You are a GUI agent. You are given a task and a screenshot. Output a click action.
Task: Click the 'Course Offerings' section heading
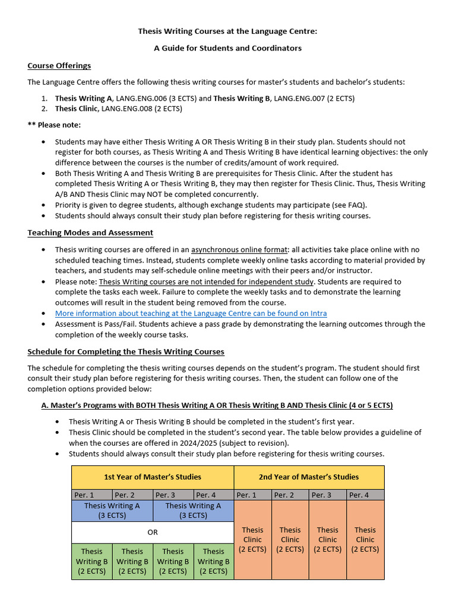coord(59,65)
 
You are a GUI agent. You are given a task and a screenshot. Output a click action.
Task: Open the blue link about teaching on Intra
coord(191,313)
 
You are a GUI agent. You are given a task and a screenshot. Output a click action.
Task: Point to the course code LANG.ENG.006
coord(140,98)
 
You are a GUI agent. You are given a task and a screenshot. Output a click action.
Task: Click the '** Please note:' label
coord(54,125)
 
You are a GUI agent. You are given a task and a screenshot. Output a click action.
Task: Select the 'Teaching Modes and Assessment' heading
coord(90,233)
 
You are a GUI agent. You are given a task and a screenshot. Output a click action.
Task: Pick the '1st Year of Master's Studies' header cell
coord(153,477)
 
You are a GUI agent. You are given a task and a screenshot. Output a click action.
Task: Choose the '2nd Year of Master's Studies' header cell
coord(309,477)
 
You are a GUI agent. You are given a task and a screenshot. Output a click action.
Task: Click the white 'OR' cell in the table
coord(153,532)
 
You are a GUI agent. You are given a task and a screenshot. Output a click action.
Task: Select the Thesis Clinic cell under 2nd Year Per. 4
coord(365,539)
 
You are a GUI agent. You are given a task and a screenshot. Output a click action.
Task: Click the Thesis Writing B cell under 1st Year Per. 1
coord(91,561)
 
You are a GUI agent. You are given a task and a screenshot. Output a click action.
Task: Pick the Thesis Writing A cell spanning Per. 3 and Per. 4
coord(193,510)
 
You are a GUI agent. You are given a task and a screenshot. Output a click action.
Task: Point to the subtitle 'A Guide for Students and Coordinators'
coord(228,48)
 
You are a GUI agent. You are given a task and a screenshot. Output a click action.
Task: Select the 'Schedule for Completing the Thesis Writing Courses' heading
coord(126,352)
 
